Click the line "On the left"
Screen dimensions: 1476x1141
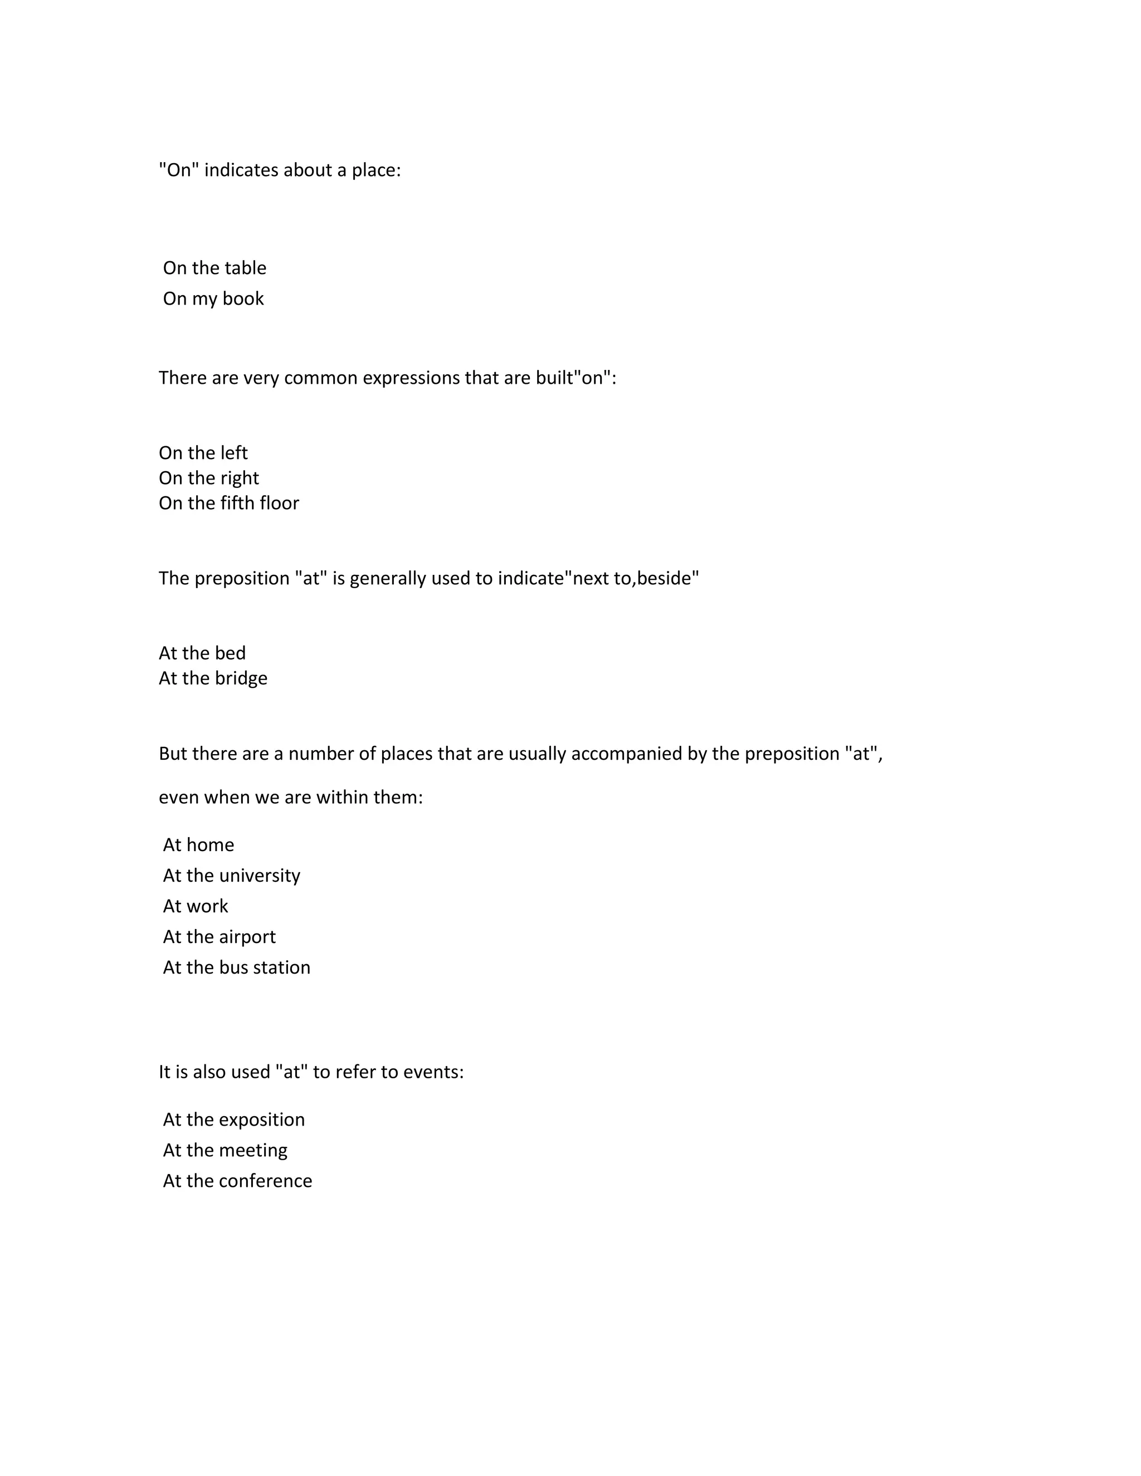click(x=203, y=453)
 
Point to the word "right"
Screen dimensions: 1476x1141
click(x=240, y=478)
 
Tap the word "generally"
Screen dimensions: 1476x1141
click(x=387, y=579)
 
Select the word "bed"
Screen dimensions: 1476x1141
click(x=230, y=653)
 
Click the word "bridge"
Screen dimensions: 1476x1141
click(x=240, y=678)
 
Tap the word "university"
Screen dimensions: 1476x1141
click(x=260, y=876)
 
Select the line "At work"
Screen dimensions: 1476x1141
click(x=196, y=906)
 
